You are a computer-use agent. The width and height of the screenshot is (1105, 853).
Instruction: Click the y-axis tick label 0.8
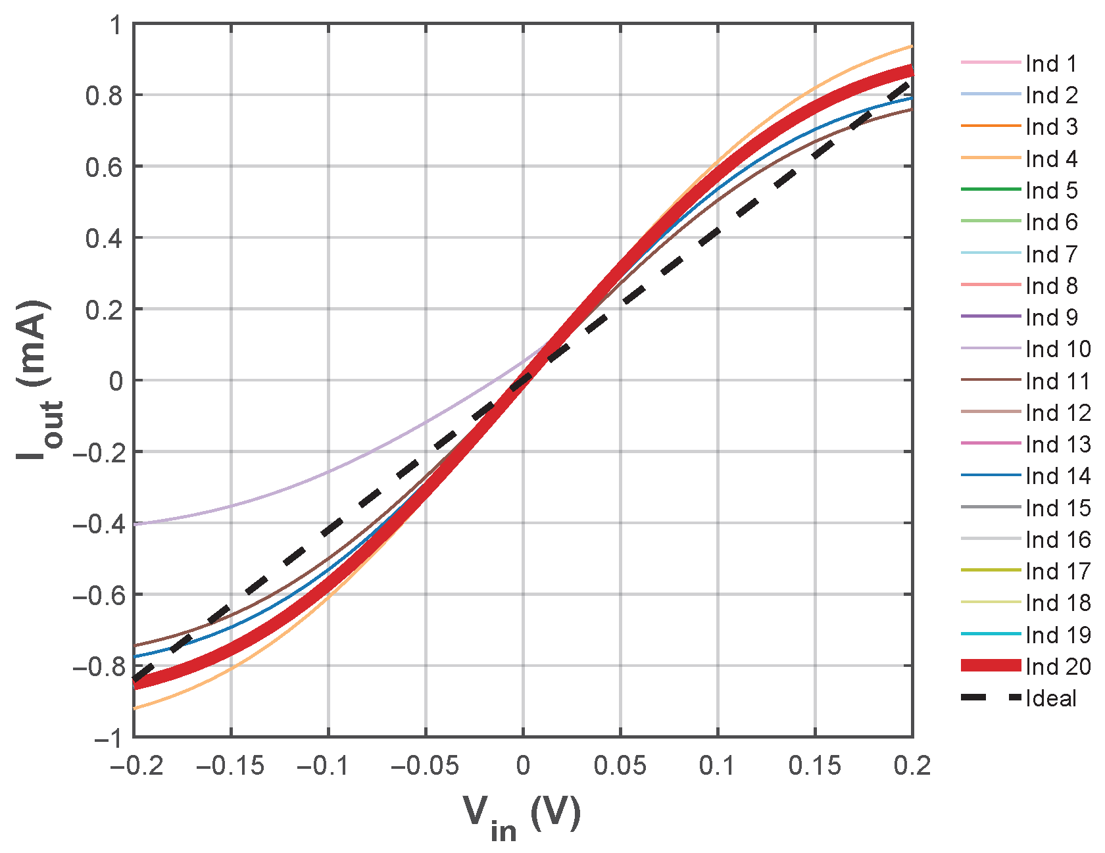point(104,96)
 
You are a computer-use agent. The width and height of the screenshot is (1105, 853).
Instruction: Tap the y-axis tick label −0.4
point(98,524)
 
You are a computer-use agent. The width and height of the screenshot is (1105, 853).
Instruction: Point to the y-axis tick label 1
point(116,25)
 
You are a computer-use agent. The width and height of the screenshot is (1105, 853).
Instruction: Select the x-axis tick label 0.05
point(620,766)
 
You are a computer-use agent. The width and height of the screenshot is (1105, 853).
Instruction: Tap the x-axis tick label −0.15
point(230,766)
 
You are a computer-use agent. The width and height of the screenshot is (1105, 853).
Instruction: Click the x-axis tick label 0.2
point(912,766)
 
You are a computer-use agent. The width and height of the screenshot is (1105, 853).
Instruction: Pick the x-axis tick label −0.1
point(328,766)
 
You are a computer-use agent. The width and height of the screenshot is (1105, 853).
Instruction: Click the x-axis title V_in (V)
point(522,817)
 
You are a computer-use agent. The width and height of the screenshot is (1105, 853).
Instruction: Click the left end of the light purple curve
point(135,524)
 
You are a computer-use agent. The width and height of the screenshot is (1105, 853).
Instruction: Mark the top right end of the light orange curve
point(912,46)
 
